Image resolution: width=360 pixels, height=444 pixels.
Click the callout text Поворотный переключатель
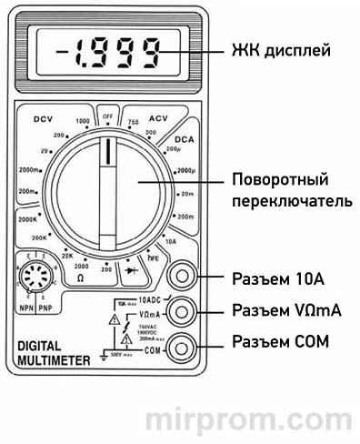285,189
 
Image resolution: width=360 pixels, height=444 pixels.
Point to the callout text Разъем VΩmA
287,310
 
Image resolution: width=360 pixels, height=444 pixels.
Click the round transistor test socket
35,278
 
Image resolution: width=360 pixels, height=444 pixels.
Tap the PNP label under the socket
45,308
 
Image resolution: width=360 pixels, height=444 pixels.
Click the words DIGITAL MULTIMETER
54,353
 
